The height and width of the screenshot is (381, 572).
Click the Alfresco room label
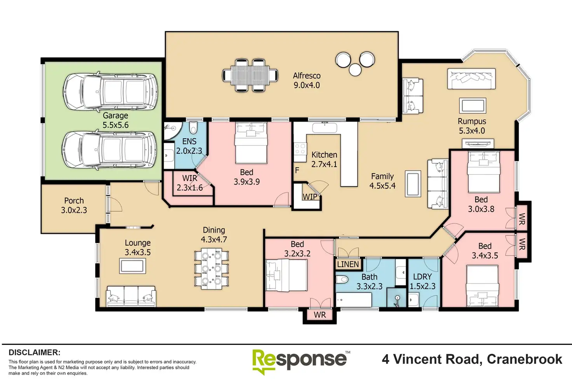[x=307, y=76]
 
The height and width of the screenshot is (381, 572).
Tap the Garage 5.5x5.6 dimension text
[x=116, y=125]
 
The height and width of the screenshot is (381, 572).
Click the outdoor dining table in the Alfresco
[x=250, y=75]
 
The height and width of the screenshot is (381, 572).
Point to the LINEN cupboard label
[x=348, y=264]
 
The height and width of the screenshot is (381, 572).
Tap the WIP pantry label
[x=310, y=197]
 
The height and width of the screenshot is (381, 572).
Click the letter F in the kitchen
[x=297, y=170]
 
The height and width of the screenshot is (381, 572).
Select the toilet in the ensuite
[x=194, y=127]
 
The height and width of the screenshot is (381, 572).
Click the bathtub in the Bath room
[x=354, y=300]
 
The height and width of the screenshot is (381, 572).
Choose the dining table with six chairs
[x=211, y=269]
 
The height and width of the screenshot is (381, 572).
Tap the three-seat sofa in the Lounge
[x=131, y=296]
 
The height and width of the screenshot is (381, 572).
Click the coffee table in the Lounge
[x=133, y=266]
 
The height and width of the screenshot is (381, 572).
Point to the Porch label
[x=74, y=200]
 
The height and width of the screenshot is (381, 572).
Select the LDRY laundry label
[x=422, y=277]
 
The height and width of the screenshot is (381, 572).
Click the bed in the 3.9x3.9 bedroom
[x=251, y=143]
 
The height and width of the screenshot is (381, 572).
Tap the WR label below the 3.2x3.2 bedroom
[x=320, y=315]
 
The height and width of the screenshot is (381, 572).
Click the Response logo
[x=301, y=362]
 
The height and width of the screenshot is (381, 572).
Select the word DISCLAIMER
[x=35, y=352]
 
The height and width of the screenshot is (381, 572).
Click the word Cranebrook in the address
[x=525, y=359]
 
